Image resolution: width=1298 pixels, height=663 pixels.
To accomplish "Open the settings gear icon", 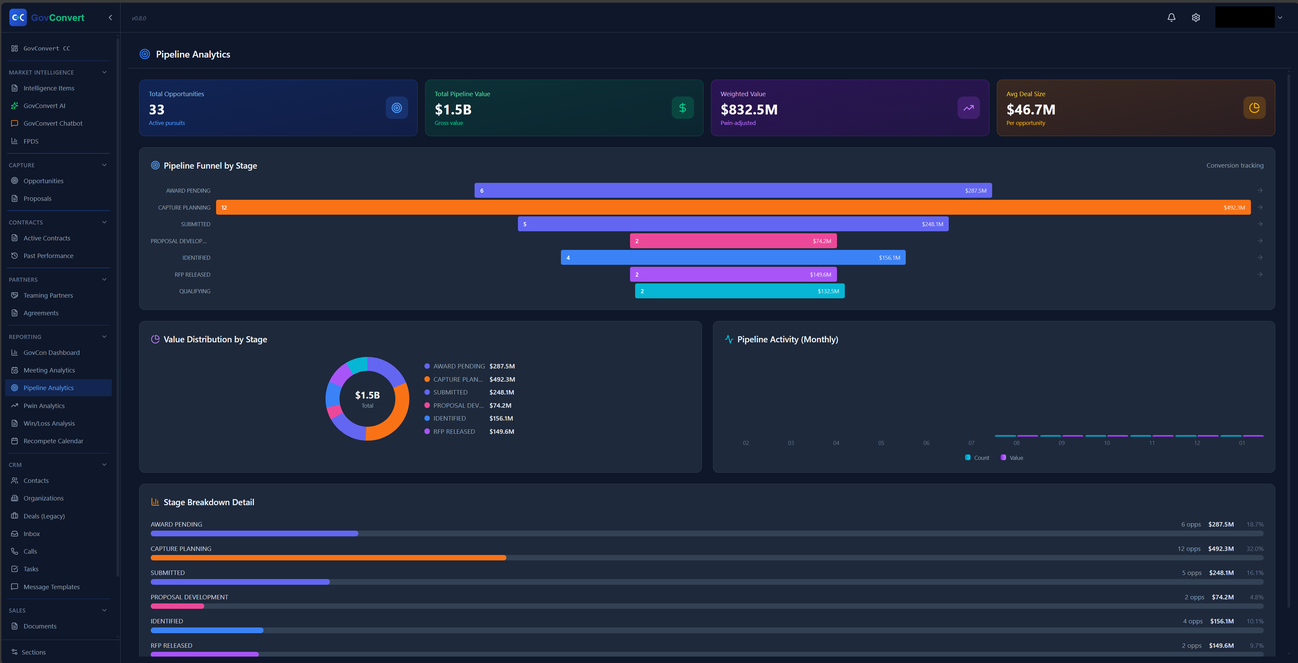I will coord(1196,18).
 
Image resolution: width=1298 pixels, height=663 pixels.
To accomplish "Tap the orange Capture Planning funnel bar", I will coord(733,208).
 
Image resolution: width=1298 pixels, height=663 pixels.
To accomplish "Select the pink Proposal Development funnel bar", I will coord(733,241).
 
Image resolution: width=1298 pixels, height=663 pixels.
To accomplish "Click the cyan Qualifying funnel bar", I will coord(739,291).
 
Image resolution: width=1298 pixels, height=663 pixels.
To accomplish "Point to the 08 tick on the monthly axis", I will coord(1016,443).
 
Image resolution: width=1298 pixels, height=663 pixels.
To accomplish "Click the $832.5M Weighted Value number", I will coord(749,110).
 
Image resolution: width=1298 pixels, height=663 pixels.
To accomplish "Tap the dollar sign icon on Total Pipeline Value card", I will coord(682,108).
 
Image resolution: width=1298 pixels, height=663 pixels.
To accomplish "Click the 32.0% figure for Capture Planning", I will coord(1255,549).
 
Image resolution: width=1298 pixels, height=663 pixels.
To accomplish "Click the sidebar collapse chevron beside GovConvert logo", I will coord(110,18).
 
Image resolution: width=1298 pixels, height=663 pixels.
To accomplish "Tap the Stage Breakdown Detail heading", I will coord(209,502).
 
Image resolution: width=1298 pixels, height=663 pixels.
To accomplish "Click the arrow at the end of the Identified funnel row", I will coord(1260,257).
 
